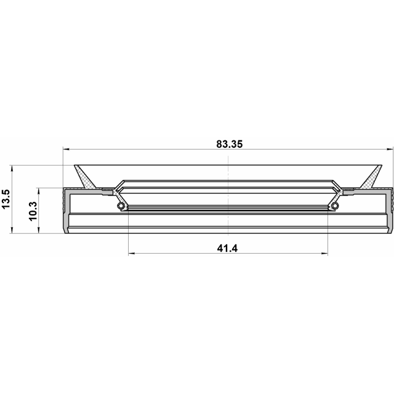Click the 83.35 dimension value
coord(230,144)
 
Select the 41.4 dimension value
coord(227,249)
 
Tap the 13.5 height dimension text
coord(6,199)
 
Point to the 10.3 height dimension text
coord(33,211)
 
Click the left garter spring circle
coord(121,206)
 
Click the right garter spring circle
coord(335,206)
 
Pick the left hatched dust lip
coord(84,177)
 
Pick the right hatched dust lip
coord(371,177)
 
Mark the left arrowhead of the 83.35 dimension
coord(66,149)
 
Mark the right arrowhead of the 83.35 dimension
coord(390,149)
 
